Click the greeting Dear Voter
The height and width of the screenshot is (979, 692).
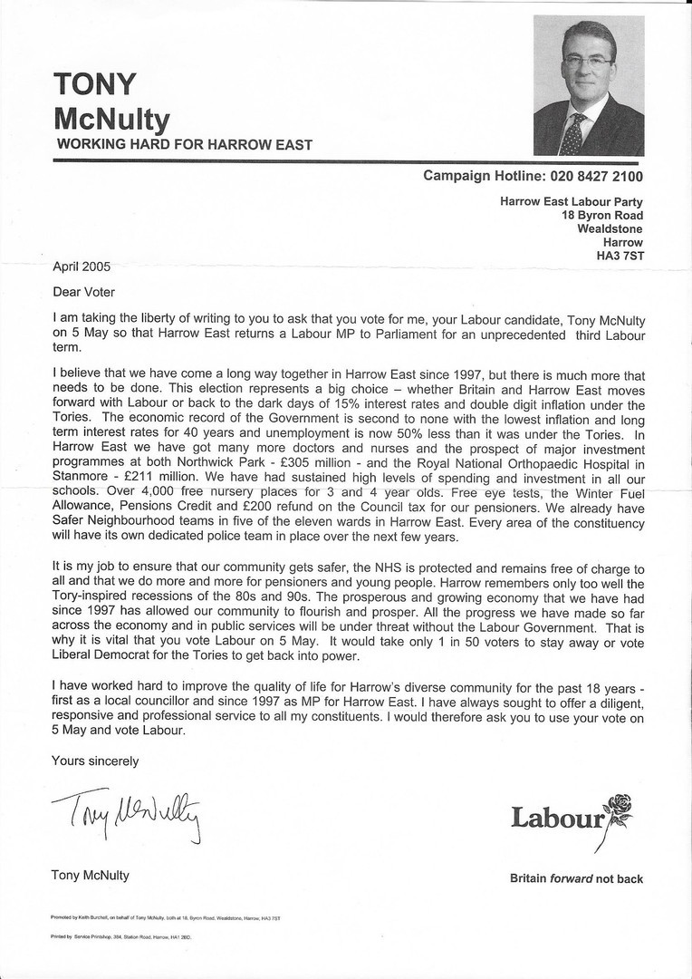pos(84,292)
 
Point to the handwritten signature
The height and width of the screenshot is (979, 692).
pos(127,809)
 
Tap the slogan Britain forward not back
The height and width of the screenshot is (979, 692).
pos(576,878)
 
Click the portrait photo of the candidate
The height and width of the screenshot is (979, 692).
pos(589,85)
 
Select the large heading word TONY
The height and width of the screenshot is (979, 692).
pos(95,84)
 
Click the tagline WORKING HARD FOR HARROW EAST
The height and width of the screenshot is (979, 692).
pos(185,144)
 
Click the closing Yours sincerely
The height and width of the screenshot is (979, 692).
pos(95,761)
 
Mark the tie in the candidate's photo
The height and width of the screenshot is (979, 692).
pos(573,134)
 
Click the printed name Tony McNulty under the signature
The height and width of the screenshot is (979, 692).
pos(91,876)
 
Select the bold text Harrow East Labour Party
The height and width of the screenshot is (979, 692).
pos(572,202)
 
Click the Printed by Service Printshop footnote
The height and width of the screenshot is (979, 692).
pos(120,938)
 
